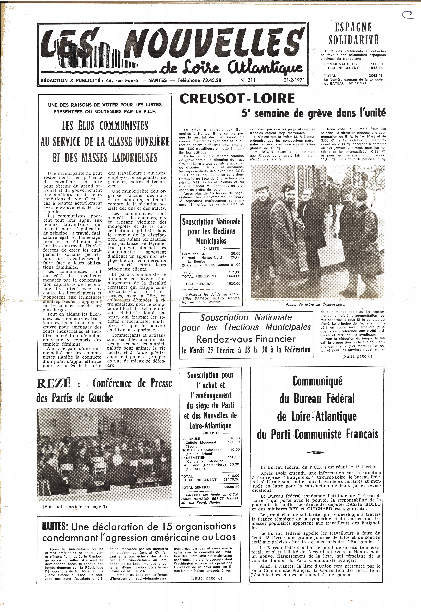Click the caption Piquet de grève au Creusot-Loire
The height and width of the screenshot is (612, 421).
pyautogui.click(x=315, y=305)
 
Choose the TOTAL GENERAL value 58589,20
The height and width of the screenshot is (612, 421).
pyautogui.click(x=231, y=487)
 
